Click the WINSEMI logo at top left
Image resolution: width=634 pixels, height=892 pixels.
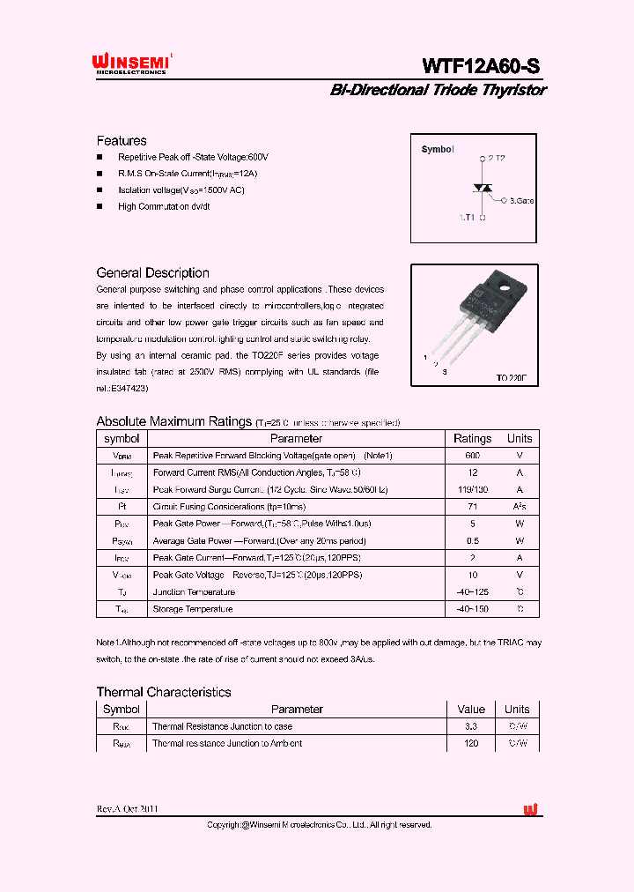[x=130, y=64]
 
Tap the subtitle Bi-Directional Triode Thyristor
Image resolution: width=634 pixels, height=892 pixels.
[x=438, y=90]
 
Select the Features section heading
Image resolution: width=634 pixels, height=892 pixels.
[x=122, y=141]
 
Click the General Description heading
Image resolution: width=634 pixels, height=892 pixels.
[x=152, y=273]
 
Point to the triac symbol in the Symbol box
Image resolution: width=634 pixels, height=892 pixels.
[x=482, y=188]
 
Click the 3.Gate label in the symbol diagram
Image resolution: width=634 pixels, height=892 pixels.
[x=521, y=201]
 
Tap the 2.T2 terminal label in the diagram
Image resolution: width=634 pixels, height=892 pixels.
[x=496, y=158]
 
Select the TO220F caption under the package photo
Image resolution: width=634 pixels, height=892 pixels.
[x=511, y=377]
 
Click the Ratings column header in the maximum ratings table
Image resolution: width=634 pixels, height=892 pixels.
[x=472, y=439]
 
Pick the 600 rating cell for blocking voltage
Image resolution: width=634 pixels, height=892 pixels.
[x=472, y=456]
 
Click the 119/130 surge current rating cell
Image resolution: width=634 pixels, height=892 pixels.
[x=472, y=490]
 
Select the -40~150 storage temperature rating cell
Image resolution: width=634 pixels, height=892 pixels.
[x=472, y=609]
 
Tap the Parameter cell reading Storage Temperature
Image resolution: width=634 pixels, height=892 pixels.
[x=193, y=609]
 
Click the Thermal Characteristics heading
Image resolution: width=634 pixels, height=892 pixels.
[x=163, y=693]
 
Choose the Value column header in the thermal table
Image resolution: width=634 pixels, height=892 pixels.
[x=471, y=710]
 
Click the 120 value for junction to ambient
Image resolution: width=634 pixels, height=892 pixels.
[x=471, y=744]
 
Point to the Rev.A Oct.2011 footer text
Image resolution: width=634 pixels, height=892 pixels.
[x=128, y=809]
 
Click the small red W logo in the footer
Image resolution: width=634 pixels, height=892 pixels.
[x=530, y=809]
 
